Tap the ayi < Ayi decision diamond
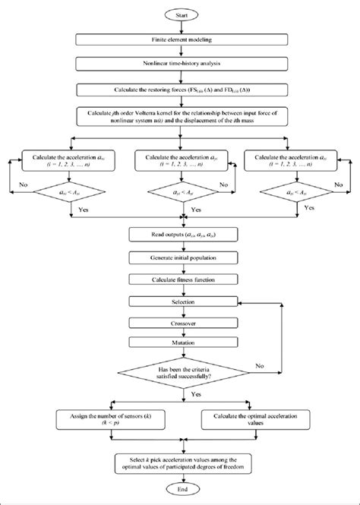click(x=180, y=194)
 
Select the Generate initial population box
click(x=180, y=258)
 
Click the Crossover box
click(x=180, y=323)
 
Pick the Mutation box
click(x=180, y=343)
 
